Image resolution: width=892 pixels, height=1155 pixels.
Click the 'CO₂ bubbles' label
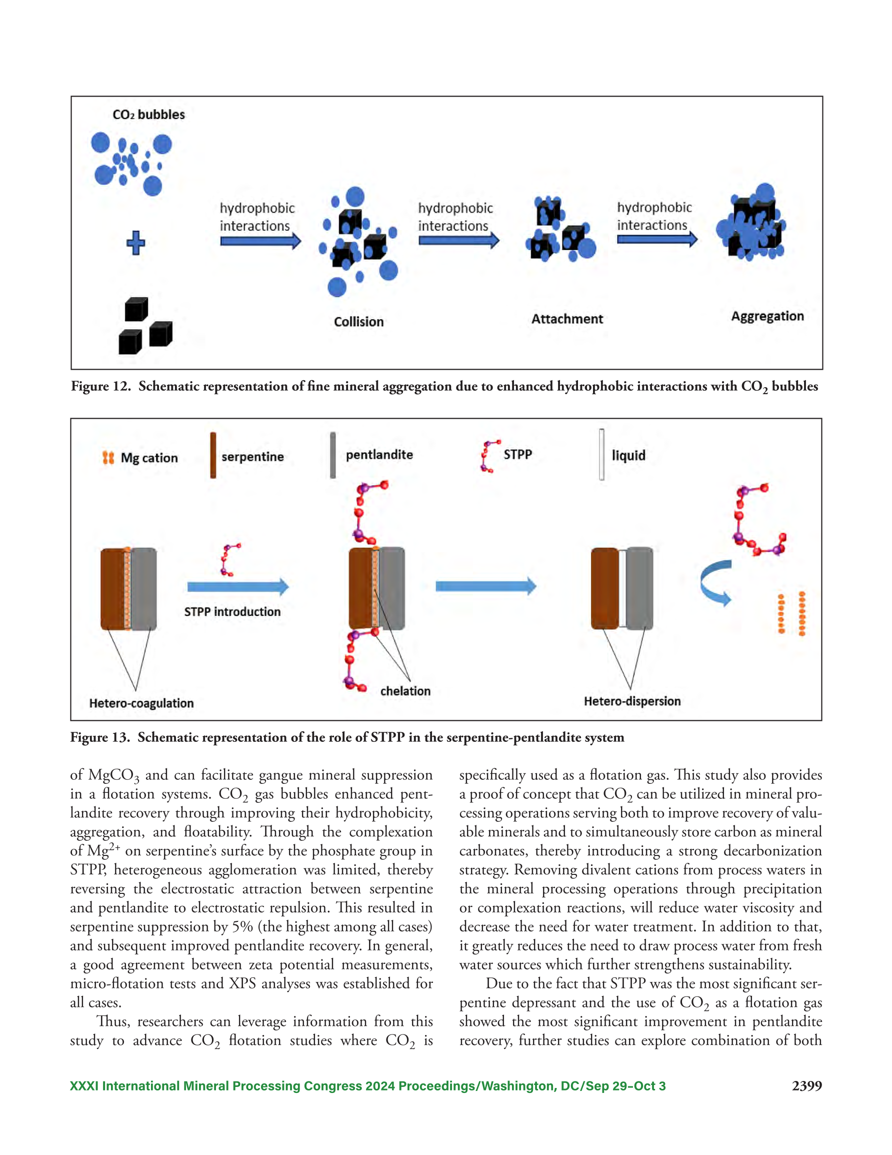pyautogui.click(x=148, y=115)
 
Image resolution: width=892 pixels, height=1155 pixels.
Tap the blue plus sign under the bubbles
pyautogui.click(x=136, y=243)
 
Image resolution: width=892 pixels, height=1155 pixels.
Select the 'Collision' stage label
pyautogui.click(x=358, y=322)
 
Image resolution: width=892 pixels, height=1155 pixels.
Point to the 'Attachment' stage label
pyautogui.click(x=567, y=319)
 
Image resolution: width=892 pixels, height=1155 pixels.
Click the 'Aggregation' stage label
pyautogui.click(x=767, y=316)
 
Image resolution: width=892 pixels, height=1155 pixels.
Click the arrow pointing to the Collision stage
pyautogui.click(x=260, y=242)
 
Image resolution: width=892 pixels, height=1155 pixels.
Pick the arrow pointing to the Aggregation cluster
pyautogui.click(x=657, y=240)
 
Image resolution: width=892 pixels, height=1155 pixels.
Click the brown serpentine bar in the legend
pyautogui.click(x=213, y=455)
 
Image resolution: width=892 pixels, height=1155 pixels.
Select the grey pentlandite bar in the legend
pyautogui.click(x=332, y=455)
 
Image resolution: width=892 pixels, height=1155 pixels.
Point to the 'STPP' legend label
pyautogui.click(x=517, y=454)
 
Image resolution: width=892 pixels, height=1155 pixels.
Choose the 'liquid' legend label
pyautogui.click(x=628, y=455)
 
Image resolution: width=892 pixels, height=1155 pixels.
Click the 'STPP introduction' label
pyautogui.click(x=232, y=612)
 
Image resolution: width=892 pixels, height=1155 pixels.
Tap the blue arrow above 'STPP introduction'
pyautogui.click(x=238, y=586)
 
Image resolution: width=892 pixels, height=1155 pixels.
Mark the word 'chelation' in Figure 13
pyautogui.click(x=405, y=691)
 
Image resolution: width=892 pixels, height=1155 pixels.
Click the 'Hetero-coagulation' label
pyautogui.click(x=141, y=703)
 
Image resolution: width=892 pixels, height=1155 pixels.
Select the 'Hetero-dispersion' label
pyautogui.click(x=632, y=701)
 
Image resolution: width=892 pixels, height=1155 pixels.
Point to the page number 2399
pyautogui.click(x=806, y=1086)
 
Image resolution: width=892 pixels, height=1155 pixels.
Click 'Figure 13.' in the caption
pyautogui.click(x=100, y=737)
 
